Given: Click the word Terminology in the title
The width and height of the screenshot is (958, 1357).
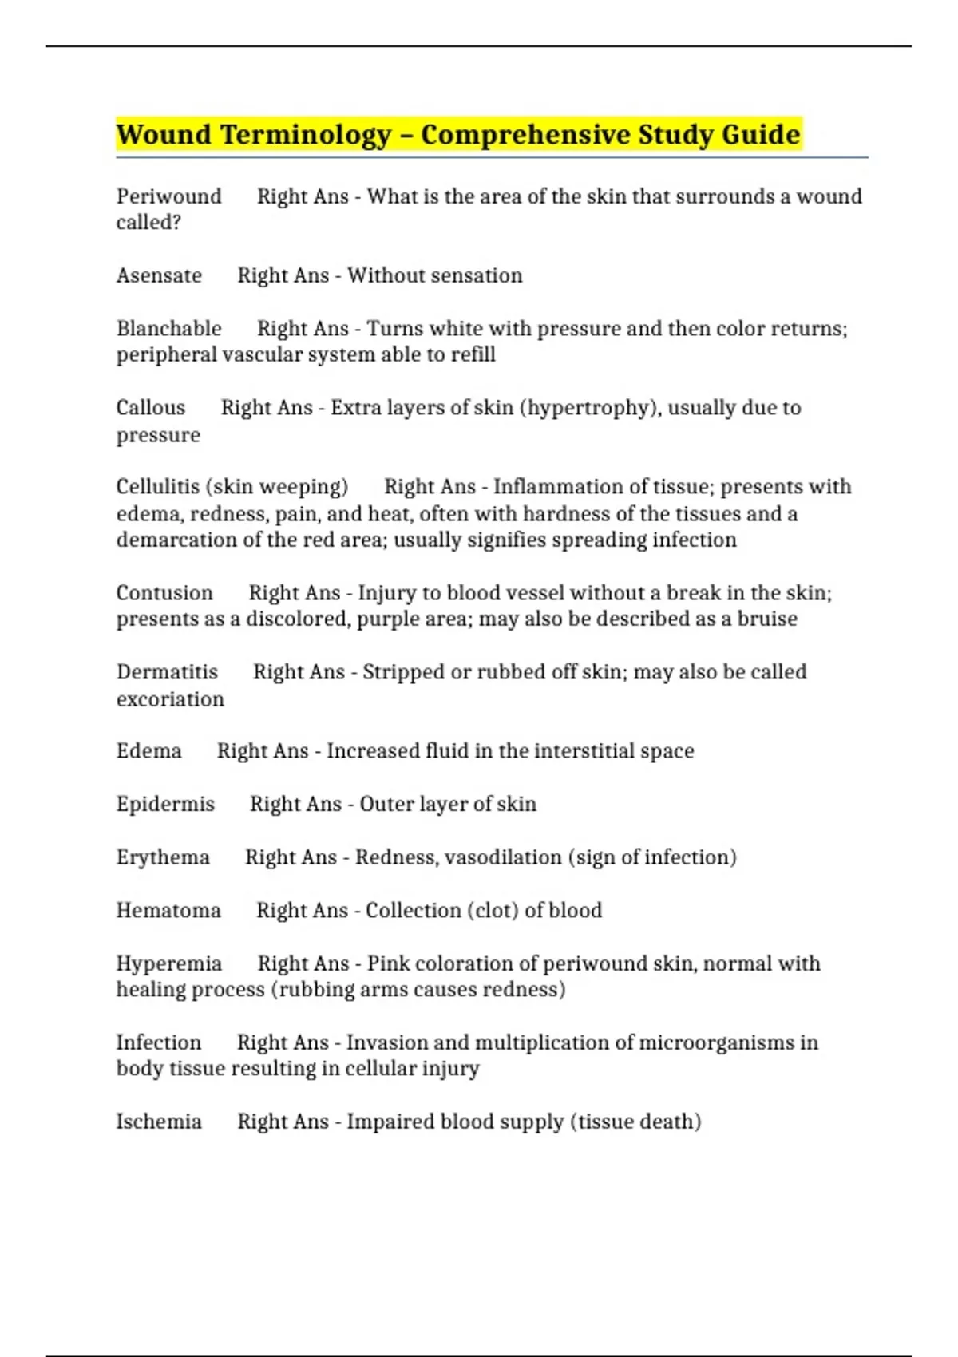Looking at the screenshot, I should pyautogui.click(x=306, y=135).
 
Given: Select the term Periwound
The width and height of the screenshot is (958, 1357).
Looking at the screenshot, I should pyautogui.click(x=168, y=196).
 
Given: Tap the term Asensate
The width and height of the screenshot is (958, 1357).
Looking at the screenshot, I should pyautogui.click(x=159, y=275).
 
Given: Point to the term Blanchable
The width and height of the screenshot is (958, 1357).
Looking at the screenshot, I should pyautogui.click(x=168, y=329).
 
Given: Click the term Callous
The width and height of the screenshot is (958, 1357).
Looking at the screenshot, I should pyautogui.click(x=150, y=408).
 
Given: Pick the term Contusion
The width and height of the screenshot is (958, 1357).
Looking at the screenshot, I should pyautogui.click(x=164, y=593).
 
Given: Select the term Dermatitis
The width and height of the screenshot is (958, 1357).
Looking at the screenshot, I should pyautogui.click(x=167, y=672).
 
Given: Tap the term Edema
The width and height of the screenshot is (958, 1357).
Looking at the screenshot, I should pyautogui.click(x=148, y=751).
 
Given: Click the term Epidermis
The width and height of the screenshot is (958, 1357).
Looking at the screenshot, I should pyautogui.click(x=165, y=804).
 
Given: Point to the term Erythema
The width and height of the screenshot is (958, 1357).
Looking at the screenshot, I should pyautogui.click(x=163, y=857).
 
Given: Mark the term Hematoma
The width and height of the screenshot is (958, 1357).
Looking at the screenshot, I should pyautogui.click(x=168, y=911).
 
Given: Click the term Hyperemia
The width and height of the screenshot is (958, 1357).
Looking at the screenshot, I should pyautogui.click(x=168, y=963).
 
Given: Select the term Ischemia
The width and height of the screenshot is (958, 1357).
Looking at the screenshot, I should pyautogui.click(x=159, y=1122).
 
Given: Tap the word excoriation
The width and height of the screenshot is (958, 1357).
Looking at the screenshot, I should pyautogui.click(x=170, y=699).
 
